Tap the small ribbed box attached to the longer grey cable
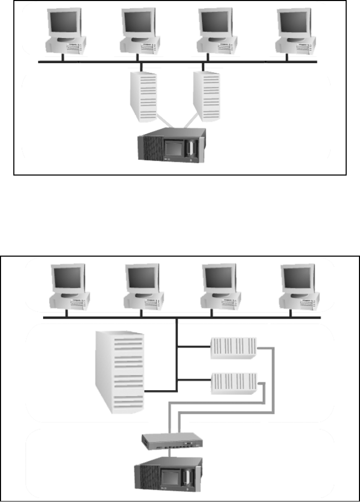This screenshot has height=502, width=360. click(233, 349)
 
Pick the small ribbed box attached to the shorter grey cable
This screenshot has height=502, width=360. click(233, 383)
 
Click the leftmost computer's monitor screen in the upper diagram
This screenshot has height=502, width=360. click(64, 23)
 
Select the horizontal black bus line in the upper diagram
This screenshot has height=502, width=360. click(177, 62)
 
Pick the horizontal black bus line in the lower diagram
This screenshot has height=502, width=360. click(182, 318)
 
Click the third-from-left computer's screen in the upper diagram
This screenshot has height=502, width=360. click(216, 23)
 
